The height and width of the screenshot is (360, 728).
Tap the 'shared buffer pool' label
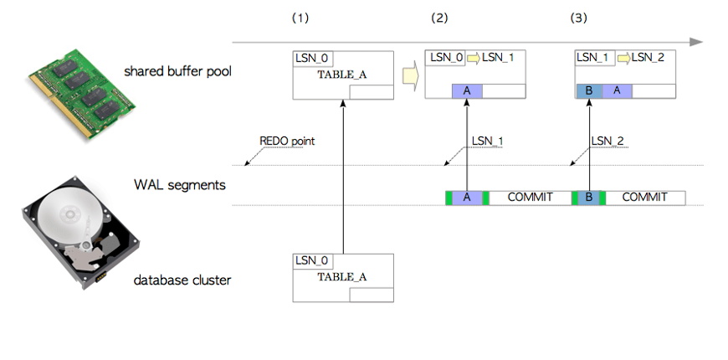click(x=177, y=71)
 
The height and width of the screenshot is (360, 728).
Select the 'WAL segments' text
click(x=179, y=184)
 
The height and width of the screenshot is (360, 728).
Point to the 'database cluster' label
click(x=182, y=280)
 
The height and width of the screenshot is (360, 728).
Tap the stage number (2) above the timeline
click(x=439, y=18)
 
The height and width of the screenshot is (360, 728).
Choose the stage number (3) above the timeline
click(x=578, y=18)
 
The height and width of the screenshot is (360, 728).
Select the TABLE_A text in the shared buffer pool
click(x=341, y=75)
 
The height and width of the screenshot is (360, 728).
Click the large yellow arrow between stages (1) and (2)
click(x=409, y=76)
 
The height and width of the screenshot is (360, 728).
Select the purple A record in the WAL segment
click(x=466, y=198)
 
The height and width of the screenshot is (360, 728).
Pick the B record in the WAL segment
click(x=589, y=198)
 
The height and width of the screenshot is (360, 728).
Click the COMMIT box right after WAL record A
click(x=529, y=198)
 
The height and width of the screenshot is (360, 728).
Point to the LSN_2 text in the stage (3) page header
click(x=648, y=57)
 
